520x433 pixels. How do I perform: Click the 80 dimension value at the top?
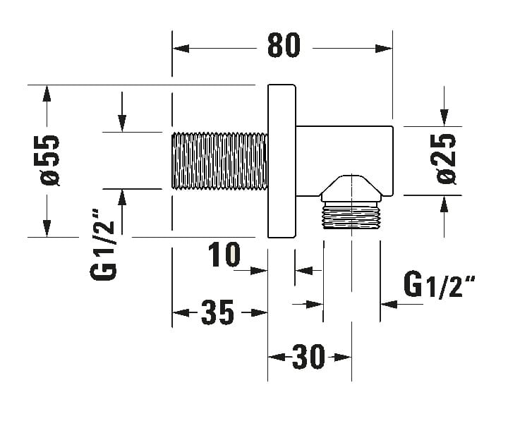point(284,44)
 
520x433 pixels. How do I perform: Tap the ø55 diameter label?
point(50,161)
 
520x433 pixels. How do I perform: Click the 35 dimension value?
point(217,312)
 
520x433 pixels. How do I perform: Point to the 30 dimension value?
point(308,357)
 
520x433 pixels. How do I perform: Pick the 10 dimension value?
point(224,255)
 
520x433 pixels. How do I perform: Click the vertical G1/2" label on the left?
point(103,245)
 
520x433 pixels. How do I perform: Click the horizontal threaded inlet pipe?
point(219,161)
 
